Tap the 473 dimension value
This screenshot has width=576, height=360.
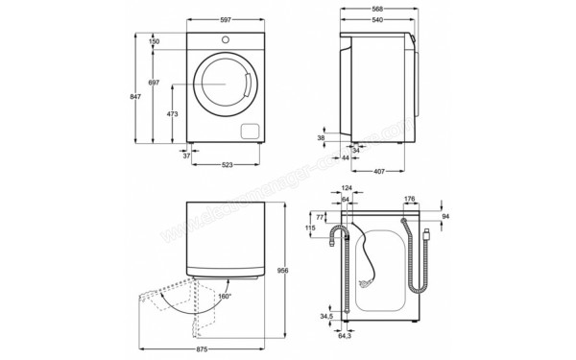tap(172, 114)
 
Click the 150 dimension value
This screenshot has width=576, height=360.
tap(154, 41)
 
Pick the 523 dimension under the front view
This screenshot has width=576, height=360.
tap(228, 165)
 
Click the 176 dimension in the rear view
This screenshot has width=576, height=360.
tap(410, 200)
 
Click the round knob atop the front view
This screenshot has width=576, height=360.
tap(227, 40)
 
